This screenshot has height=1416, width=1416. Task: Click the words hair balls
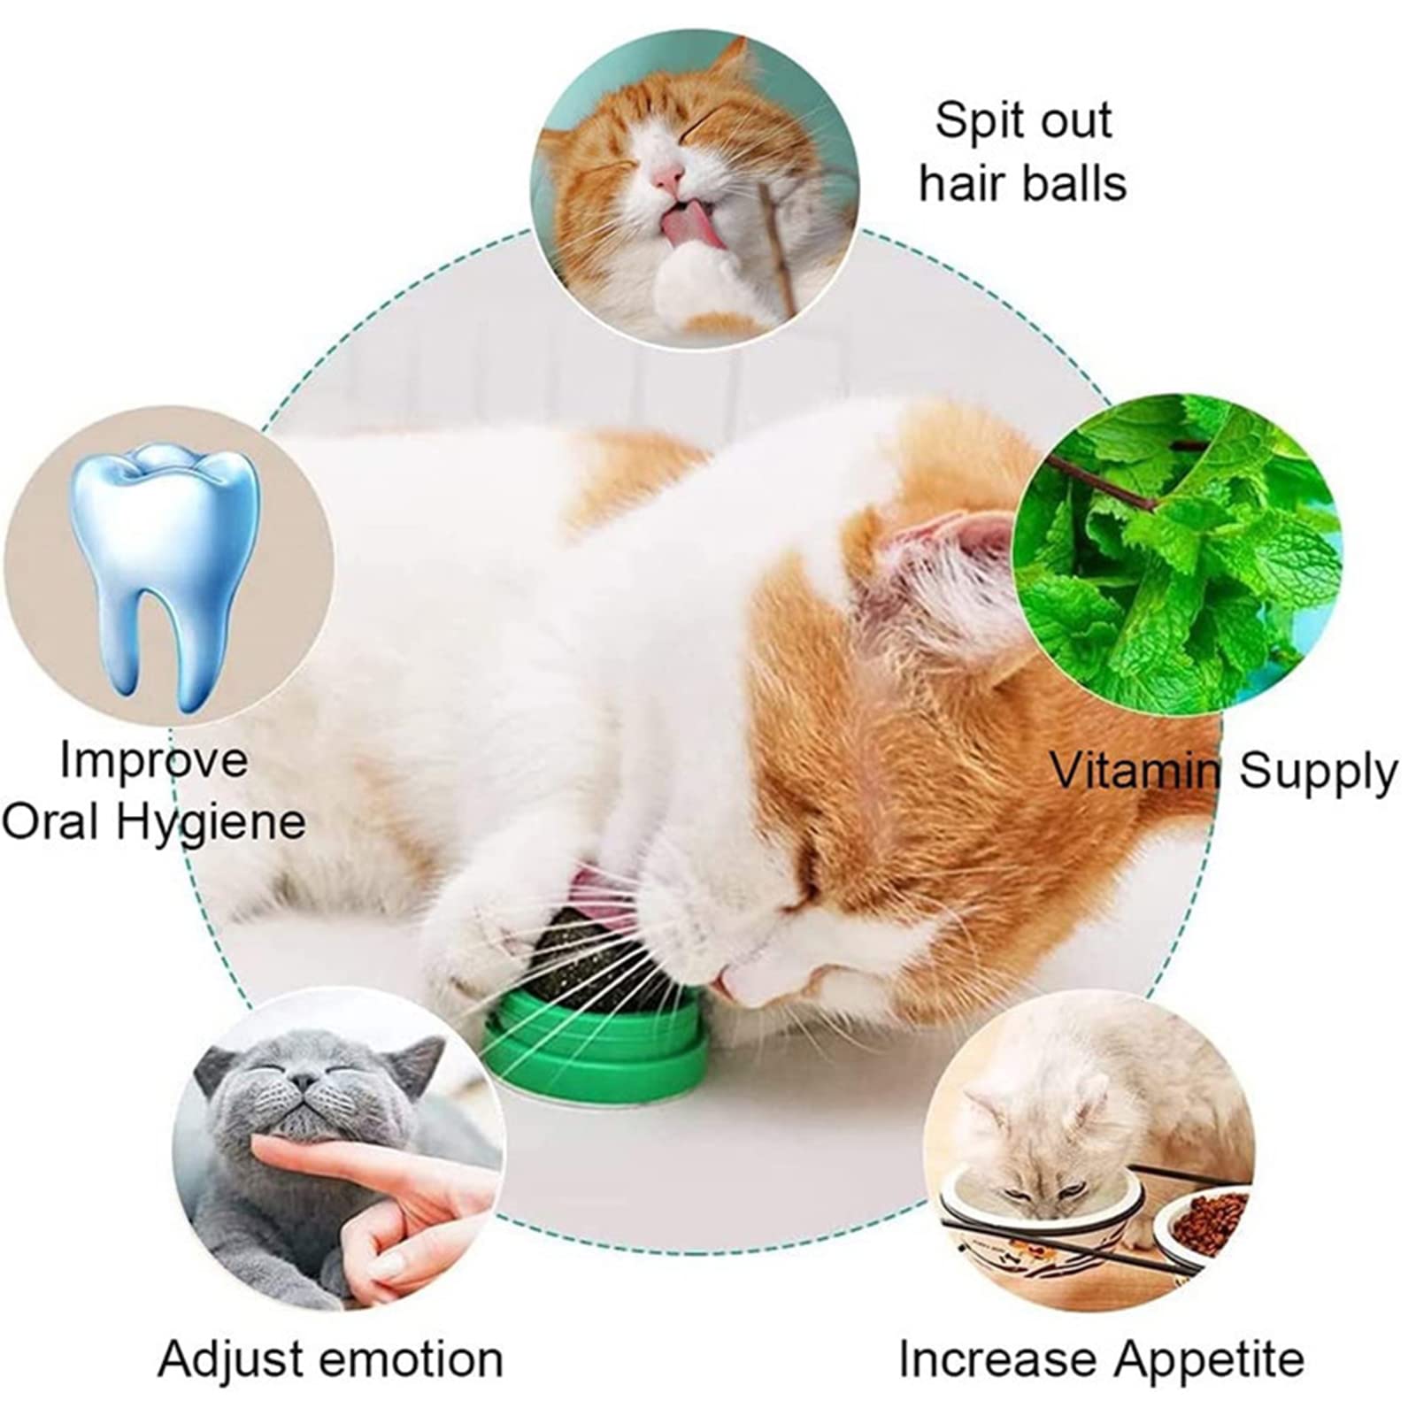click(x=1022, y=184)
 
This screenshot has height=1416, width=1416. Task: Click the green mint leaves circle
click(x=1177, y=558)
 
